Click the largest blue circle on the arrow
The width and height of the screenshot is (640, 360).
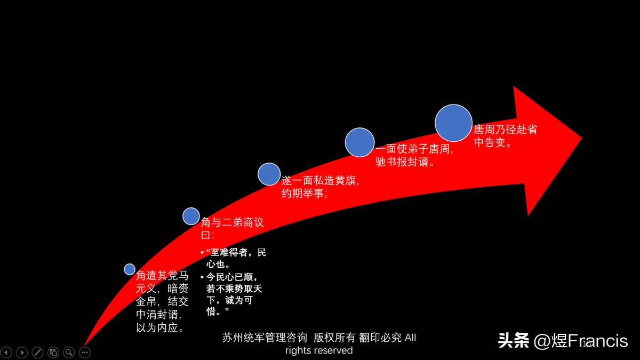pyautogui.click(x=453, y=123)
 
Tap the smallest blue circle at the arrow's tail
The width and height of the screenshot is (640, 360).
pyautogui.click(x=130, y=269)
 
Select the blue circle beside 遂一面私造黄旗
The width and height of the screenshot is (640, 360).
pyautogui.click(x=269, y=174)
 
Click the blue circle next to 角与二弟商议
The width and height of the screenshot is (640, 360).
pyautogui.click(x=191, y=217)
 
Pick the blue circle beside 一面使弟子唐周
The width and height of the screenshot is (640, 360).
pyautogui.click(x=359, y=142)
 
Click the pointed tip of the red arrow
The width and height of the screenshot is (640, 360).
pyautogui.click(x=582, y=139)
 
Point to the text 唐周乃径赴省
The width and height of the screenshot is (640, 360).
pyautogui.click(x=506, y=130)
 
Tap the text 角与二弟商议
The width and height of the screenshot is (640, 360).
pyautogui.click(x=233, y=222)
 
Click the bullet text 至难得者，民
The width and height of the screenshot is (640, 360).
pyautogui.click(x=236, y=252)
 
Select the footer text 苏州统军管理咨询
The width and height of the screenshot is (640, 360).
pyautogui.click(x=265, y=338)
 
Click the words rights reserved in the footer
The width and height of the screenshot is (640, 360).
pyautogui.click(x=319, y=350)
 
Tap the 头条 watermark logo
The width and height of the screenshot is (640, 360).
pyautogui.click(x=514, y=340)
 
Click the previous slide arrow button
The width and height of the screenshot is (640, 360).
pyautogui.click(x=6, y=353)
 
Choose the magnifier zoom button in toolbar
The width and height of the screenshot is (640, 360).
pyautogui.click(x=69, y=353)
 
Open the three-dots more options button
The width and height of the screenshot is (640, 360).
pyautogui.click(x=85, y=353)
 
